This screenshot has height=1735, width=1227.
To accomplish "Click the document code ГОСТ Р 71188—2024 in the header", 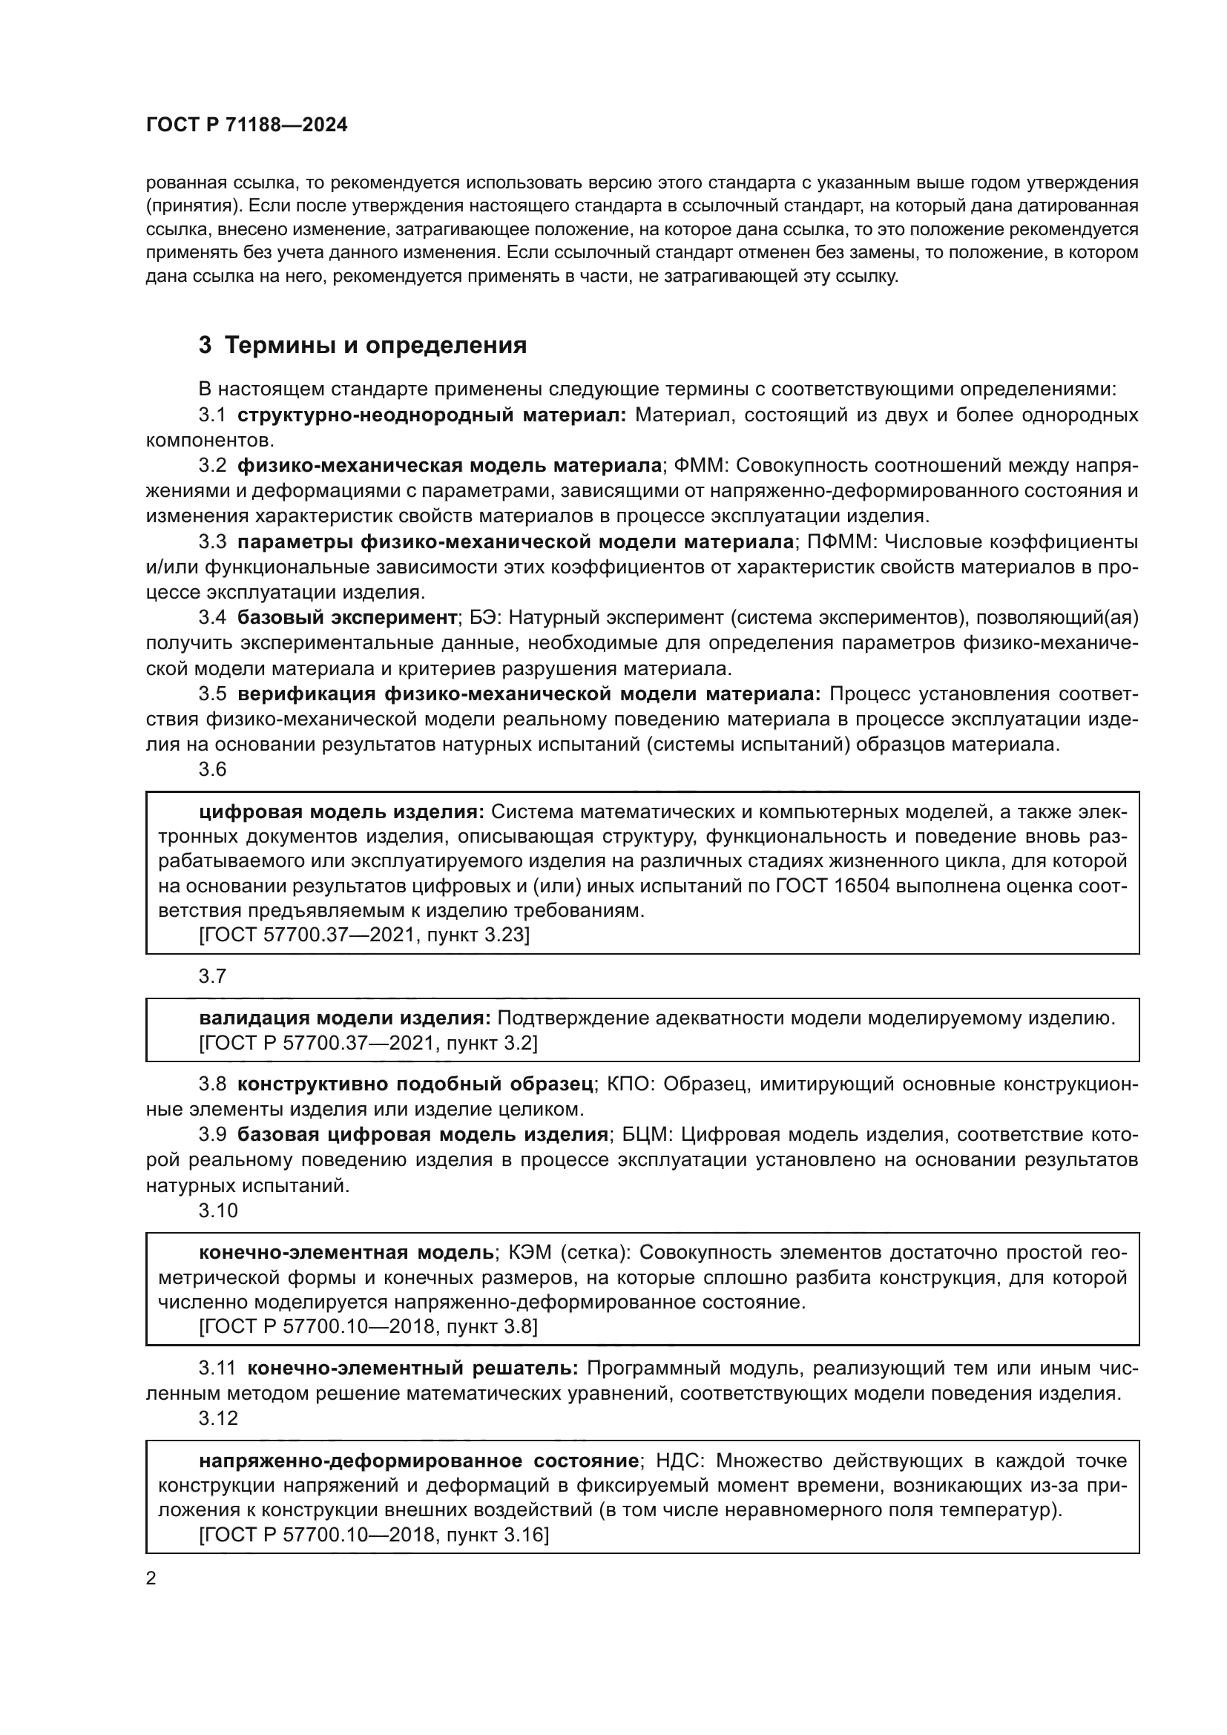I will click(x=246, y=125).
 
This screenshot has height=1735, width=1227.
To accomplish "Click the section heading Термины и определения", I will click(x=375, y=346).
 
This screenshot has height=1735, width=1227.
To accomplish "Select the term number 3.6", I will click(x=212, y=769).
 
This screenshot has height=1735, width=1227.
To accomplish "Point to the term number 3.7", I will click(x=212, y=976).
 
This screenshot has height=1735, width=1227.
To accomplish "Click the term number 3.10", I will click(x=217, y=1211).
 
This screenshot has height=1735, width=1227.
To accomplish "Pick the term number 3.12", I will click(x=217, y=1418).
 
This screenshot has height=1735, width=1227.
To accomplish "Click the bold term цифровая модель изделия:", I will click(x=341, y=811).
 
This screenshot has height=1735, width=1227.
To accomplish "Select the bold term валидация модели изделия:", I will click(x=344, y=1018).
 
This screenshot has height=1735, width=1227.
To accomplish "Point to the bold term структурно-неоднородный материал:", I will click(x=432, y=415).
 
